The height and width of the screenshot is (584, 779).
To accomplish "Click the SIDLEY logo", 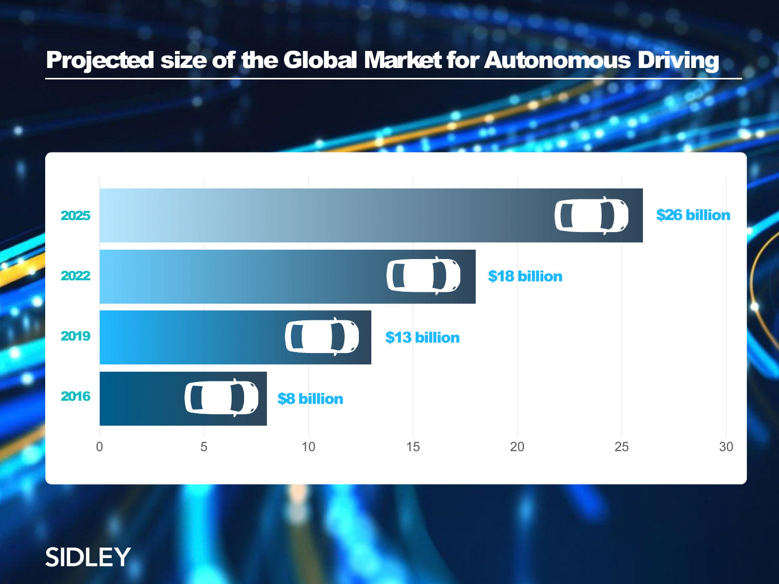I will tap(88, 557).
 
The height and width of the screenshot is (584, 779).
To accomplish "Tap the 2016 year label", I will tap(75, 397).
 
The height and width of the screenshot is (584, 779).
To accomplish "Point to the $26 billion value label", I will tap(693, 215).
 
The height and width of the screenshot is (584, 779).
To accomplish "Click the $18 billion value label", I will tap(525, 276).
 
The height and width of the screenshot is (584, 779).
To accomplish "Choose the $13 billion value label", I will tap(422, 337).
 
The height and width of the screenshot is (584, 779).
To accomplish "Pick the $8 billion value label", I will tap(310, 399).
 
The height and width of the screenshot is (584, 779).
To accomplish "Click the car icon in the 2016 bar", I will tap(221, 398).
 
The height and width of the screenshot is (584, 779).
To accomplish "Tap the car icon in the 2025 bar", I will tap(592, 215).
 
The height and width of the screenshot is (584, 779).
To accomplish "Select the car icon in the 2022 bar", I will tap(423, 276).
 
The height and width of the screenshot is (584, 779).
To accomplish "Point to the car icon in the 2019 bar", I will tap(322, 336).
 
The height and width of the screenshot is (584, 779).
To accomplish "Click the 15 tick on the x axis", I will tap(413, 447).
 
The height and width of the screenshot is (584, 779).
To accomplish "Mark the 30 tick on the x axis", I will tap(726, 447).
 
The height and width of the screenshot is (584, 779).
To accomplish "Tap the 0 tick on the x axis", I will tap(100, 447).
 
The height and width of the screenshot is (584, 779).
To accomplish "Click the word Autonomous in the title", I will tap(557, 60).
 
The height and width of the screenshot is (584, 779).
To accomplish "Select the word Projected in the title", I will tap(100, 60).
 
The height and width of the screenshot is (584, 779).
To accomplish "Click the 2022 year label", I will tap(75, 276).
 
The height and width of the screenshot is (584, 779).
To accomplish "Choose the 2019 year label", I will tap(75, 336).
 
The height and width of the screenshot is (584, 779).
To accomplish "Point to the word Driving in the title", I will tap(678, 60).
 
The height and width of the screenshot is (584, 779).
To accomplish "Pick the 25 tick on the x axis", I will tap(622, 447).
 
